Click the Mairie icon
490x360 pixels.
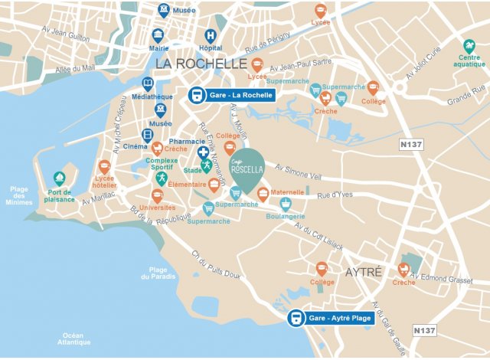(x=158, y=36)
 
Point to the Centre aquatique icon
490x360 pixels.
(x=469, y=46)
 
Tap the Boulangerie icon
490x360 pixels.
(x=286, y=204)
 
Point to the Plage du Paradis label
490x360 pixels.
(x=158, y=273)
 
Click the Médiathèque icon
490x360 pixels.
(x=148, y=84)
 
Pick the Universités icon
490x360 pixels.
(x=157, y=196)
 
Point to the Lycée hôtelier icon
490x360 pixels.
(x=105, y=167)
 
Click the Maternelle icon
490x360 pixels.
(x=263, y=192)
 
